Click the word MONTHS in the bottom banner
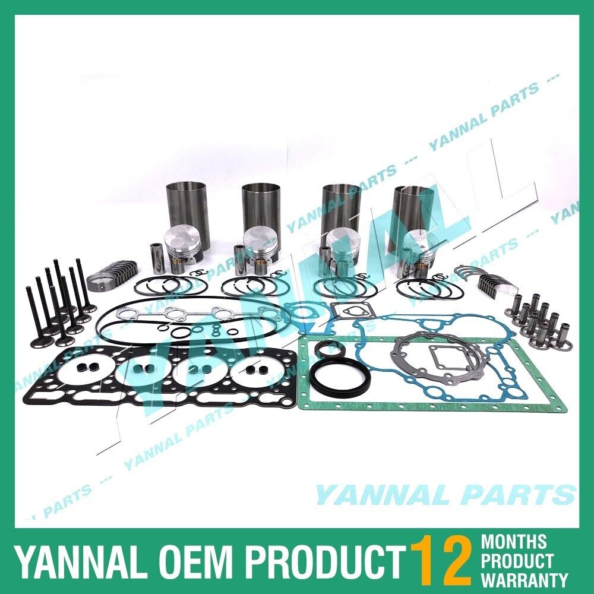point(514,541)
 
